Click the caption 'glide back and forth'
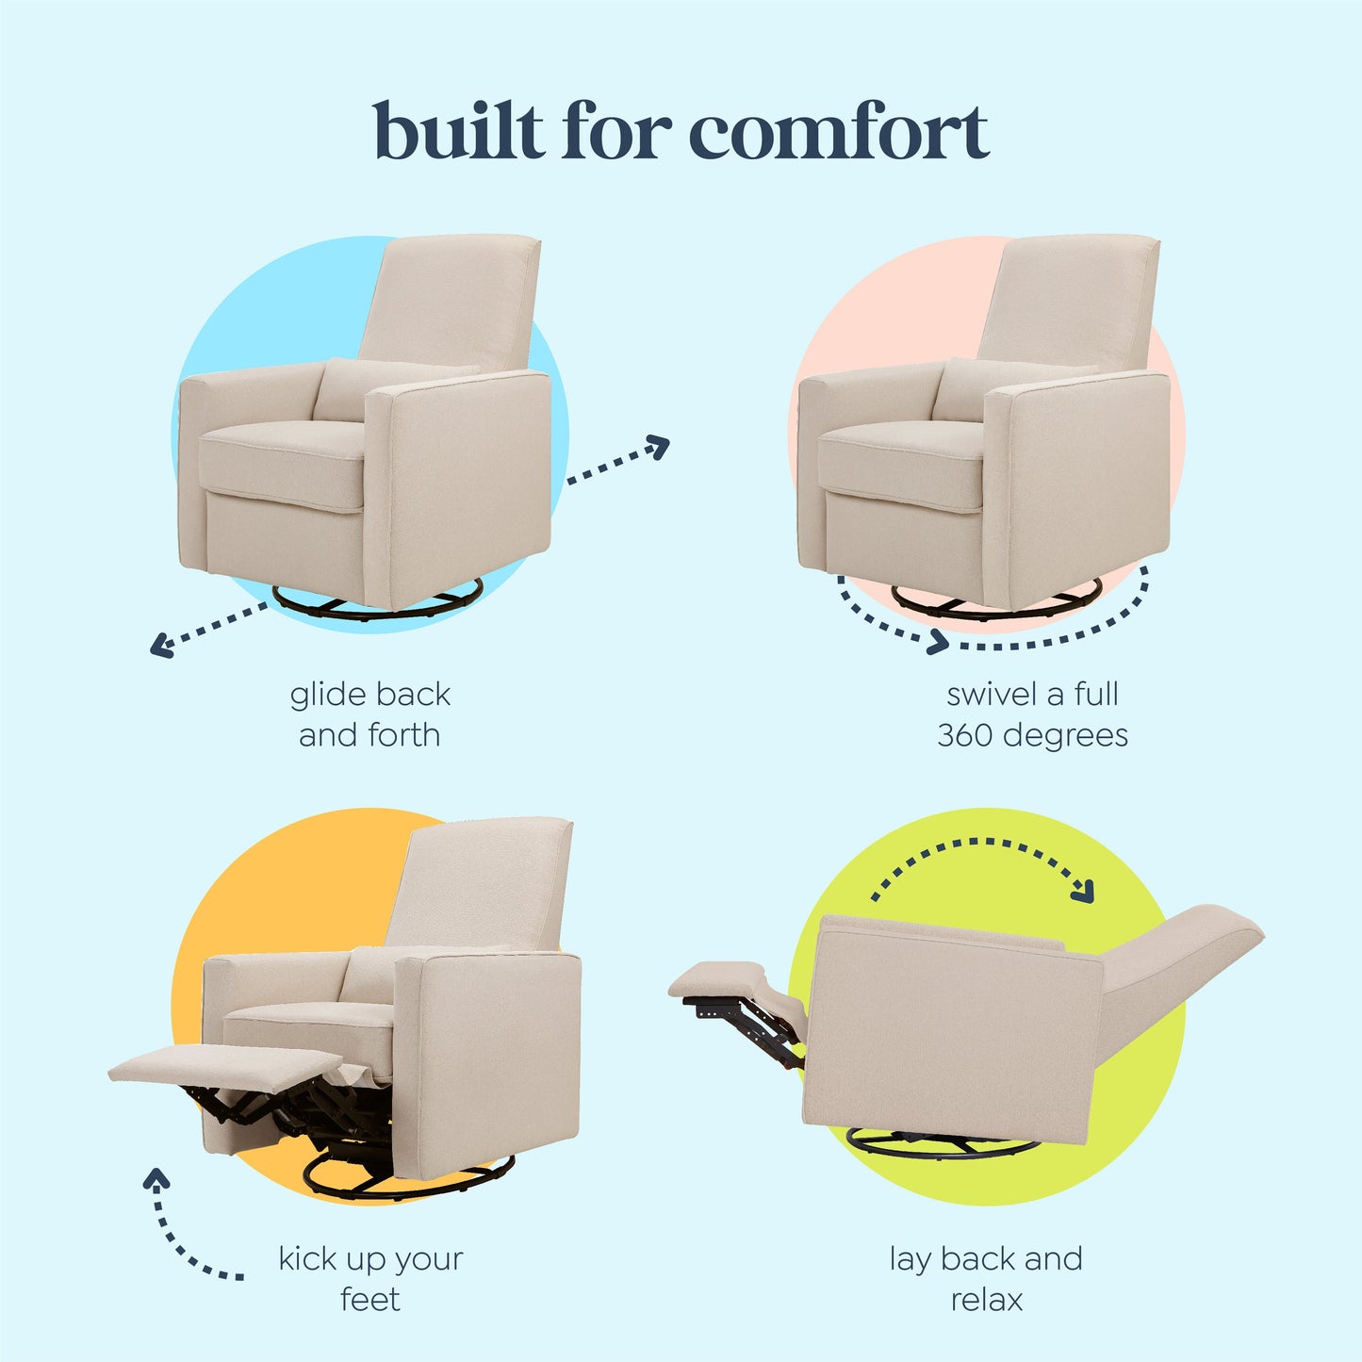(369, 714)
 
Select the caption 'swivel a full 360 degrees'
(1032, 714)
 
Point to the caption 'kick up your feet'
(370, 1278)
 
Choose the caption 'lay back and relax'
(986, 1278)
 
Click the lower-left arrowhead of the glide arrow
(160, 647)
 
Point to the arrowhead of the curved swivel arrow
(938, 643)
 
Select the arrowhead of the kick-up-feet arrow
(156, 1177)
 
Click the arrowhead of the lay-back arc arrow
(1084, 891)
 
